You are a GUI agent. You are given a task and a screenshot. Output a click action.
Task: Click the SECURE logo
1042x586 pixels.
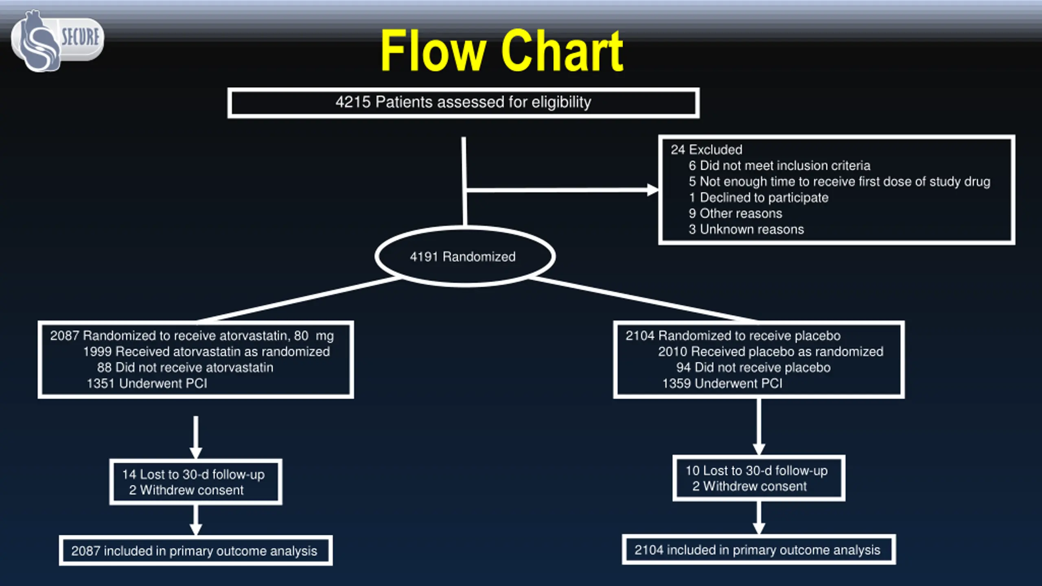pos(57,41)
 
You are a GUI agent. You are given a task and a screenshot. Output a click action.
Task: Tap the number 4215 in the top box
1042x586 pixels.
pos(352,102)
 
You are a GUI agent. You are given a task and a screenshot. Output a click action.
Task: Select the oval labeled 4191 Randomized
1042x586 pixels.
pos(464,257)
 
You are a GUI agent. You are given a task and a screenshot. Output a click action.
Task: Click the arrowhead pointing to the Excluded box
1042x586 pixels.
pos(652,190)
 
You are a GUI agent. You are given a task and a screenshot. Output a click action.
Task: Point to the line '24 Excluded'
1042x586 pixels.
pos(706,150)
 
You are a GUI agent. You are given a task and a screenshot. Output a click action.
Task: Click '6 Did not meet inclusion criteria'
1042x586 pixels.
pos(779,166)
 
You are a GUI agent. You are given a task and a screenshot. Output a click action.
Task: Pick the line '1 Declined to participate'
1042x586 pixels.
pos(758,198)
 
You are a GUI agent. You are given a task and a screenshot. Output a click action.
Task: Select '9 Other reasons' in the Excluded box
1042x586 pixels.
pos(735,214)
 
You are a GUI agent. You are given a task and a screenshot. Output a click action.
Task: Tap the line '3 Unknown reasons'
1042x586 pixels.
pos(746,230)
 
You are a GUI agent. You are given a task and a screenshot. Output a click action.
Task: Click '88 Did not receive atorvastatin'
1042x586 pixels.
pos(185,367)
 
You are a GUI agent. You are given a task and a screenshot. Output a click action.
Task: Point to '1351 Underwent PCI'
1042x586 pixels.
pos(147,383)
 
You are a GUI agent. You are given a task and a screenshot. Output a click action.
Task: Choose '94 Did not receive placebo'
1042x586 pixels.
pos(753,367)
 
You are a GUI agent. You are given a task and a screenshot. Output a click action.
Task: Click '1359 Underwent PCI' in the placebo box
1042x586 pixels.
pos(722,383)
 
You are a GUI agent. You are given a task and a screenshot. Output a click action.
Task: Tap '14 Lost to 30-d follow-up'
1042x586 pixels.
pos(193,474)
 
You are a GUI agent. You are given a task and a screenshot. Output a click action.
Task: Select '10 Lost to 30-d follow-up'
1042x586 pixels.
pos(756,471)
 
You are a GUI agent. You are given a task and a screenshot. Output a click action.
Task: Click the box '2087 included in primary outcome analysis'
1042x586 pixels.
pos(195,551)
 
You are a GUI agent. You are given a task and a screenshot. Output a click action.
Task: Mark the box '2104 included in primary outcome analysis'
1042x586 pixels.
pos(758,550)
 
